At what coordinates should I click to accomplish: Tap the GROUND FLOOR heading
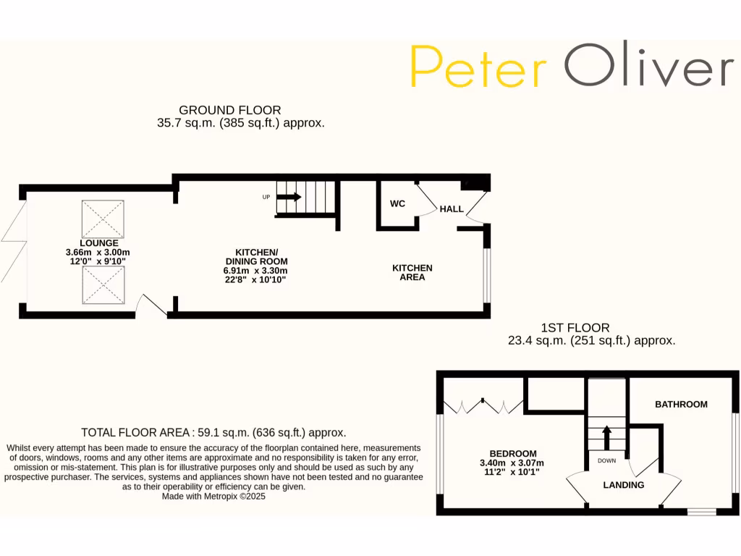tap(229, 110)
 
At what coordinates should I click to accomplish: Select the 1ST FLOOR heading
tap(575, 328)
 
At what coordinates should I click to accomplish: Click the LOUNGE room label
tap(99, 243)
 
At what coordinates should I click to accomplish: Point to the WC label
tap(397, 203)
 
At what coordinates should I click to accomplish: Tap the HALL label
tap(452, 209)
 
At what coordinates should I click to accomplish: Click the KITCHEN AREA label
tap(412, 272)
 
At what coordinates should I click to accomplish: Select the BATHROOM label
tap(681, 404)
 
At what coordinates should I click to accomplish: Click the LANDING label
tap(624, 485)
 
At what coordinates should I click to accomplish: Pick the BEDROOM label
tap(513, 454)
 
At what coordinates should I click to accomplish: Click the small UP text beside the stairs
tap(266, 197)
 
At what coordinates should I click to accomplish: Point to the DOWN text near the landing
tap(606, 460)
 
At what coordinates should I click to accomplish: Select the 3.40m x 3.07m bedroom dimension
tap(512, 463)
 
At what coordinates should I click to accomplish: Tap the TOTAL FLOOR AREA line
tap(213, 432)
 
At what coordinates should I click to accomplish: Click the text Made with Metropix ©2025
tap(213, 497)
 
